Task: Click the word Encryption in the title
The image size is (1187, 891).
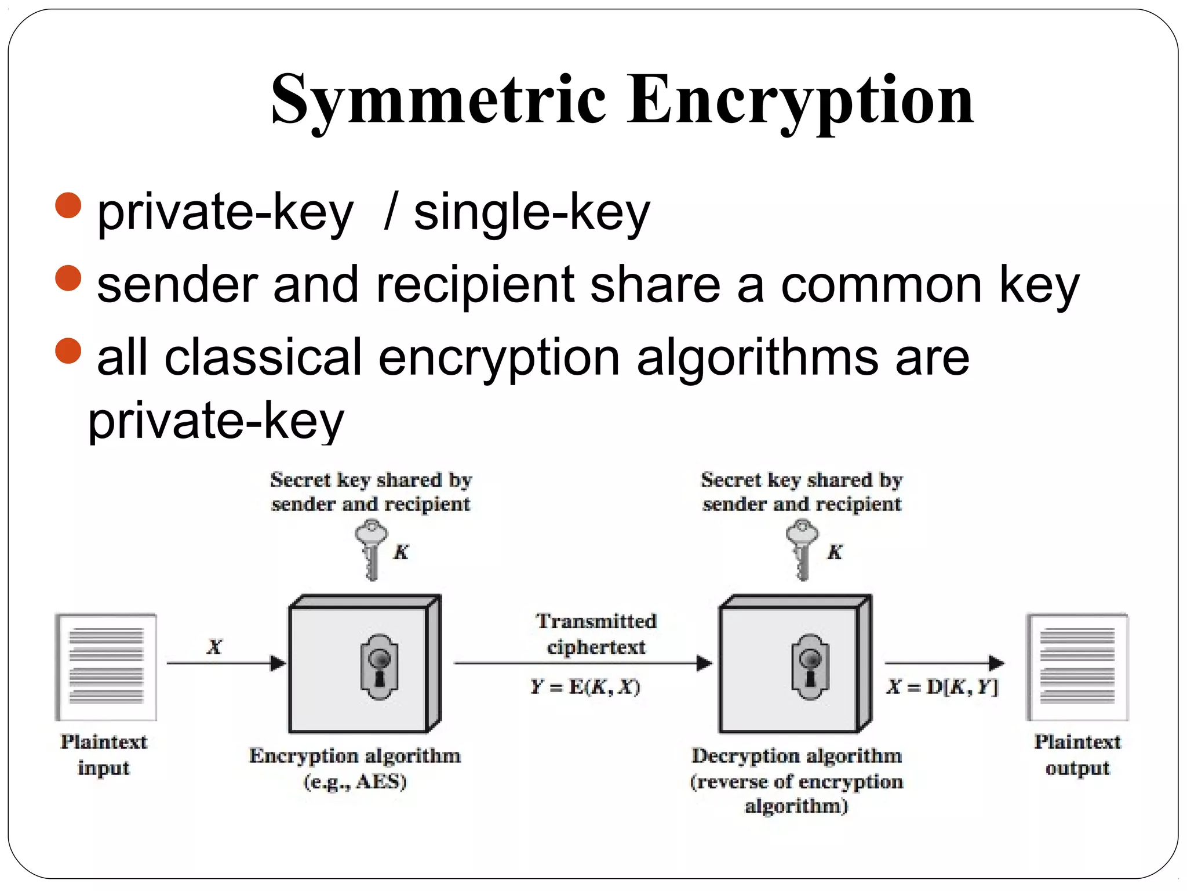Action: click(x=800, y=100)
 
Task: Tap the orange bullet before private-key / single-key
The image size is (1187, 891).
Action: click(x=68, y=205)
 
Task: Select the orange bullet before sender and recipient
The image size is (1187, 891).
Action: click(x=68, y=278)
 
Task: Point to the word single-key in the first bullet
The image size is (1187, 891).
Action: click(x=531, y=213)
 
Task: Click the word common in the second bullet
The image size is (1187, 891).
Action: click(x=880, y=285)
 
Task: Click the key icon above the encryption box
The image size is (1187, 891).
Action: click(x=371, y=548)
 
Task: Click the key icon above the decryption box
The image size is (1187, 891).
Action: click(x=802, y=548)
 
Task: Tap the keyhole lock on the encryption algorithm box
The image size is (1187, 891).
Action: click(x=379, y=667)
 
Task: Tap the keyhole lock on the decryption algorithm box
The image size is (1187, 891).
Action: click(x=810, y=667)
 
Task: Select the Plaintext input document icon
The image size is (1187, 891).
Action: click(x=106, y=667)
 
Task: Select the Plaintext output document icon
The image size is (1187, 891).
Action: click(x=1077, y=667)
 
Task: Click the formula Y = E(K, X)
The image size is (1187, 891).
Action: click(x=585, y=687)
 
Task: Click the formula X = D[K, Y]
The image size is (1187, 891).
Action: click(x=942, y=687)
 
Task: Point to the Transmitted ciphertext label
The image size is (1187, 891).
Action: click(x=596, y=633)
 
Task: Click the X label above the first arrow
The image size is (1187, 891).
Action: click(x=214, y=646)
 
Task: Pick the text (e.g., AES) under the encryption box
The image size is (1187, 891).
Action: click(x=355, y=781)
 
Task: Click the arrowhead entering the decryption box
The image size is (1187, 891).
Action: click(x=704, y=663)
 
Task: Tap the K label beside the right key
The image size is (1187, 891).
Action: click(x=835, y=552)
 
